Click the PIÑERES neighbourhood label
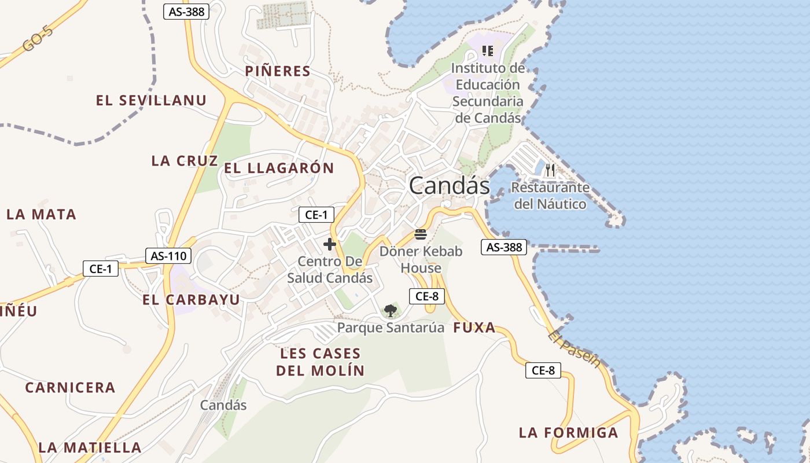(278, 71)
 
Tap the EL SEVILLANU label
(151, 100)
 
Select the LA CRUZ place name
(185, 161)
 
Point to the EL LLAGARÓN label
(279, 168)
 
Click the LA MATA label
(41, 215)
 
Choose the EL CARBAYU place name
(191, 300)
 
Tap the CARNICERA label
(70, 387)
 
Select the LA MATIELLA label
(90, 447)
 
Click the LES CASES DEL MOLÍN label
(320, 362)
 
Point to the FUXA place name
(474, 328)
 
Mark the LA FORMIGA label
(568, 432)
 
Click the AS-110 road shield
(167, 255)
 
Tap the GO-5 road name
(38, 39)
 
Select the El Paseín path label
(574, 348)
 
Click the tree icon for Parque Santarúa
(391, 311)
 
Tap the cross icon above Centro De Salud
(330, 244)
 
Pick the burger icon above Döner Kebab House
(421, 234)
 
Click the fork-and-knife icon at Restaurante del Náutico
(550, 170)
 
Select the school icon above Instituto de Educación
(487, 51)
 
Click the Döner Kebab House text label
(421, 260)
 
